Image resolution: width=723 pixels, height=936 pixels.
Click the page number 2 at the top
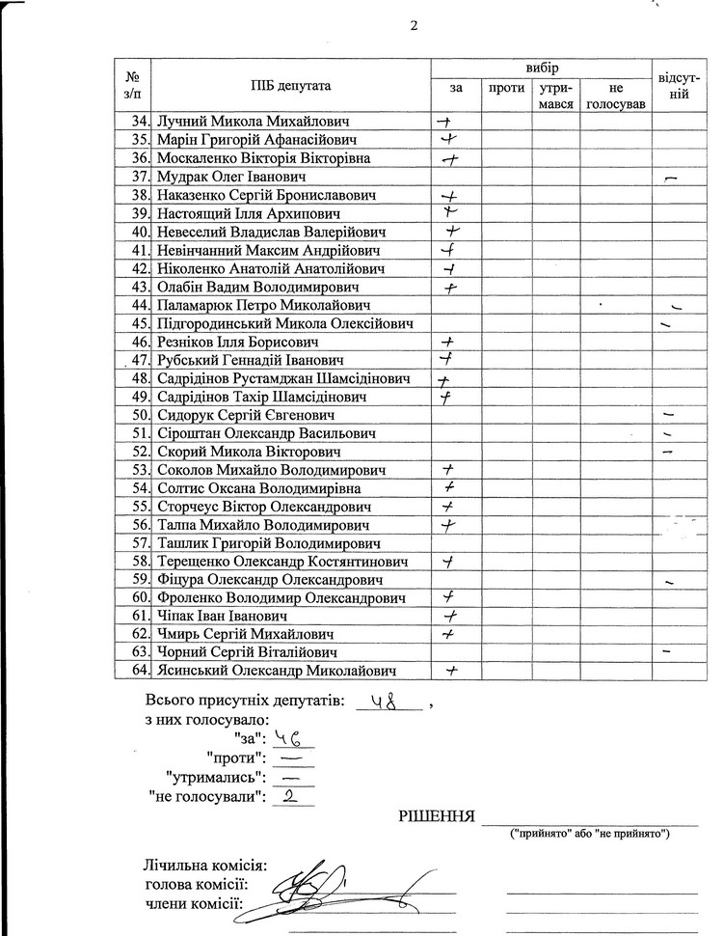pyautogui.click(x=414, y=26)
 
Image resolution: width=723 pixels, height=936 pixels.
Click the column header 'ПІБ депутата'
pyautogui.click(x=290, y=86)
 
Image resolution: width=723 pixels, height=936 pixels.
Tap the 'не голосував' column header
pyautogui.click(x=615, y=96)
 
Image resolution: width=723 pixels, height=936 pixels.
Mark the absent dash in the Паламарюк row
pyautogui.click(x=677, y=307)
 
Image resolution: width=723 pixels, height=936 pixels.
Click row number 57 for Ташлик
pyautogui.click(x=139, y=543)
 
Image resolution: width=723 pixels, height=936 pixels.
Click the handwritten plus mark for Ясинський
pyautogui.click(x=447, y=672)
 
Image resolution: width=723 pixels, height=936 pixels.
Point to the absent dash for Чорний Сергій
pyautogui.click(x=667, y=653)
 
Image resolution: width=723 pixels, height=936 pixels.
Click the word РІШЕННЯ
pyautogui.click(x=439, y=818)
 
